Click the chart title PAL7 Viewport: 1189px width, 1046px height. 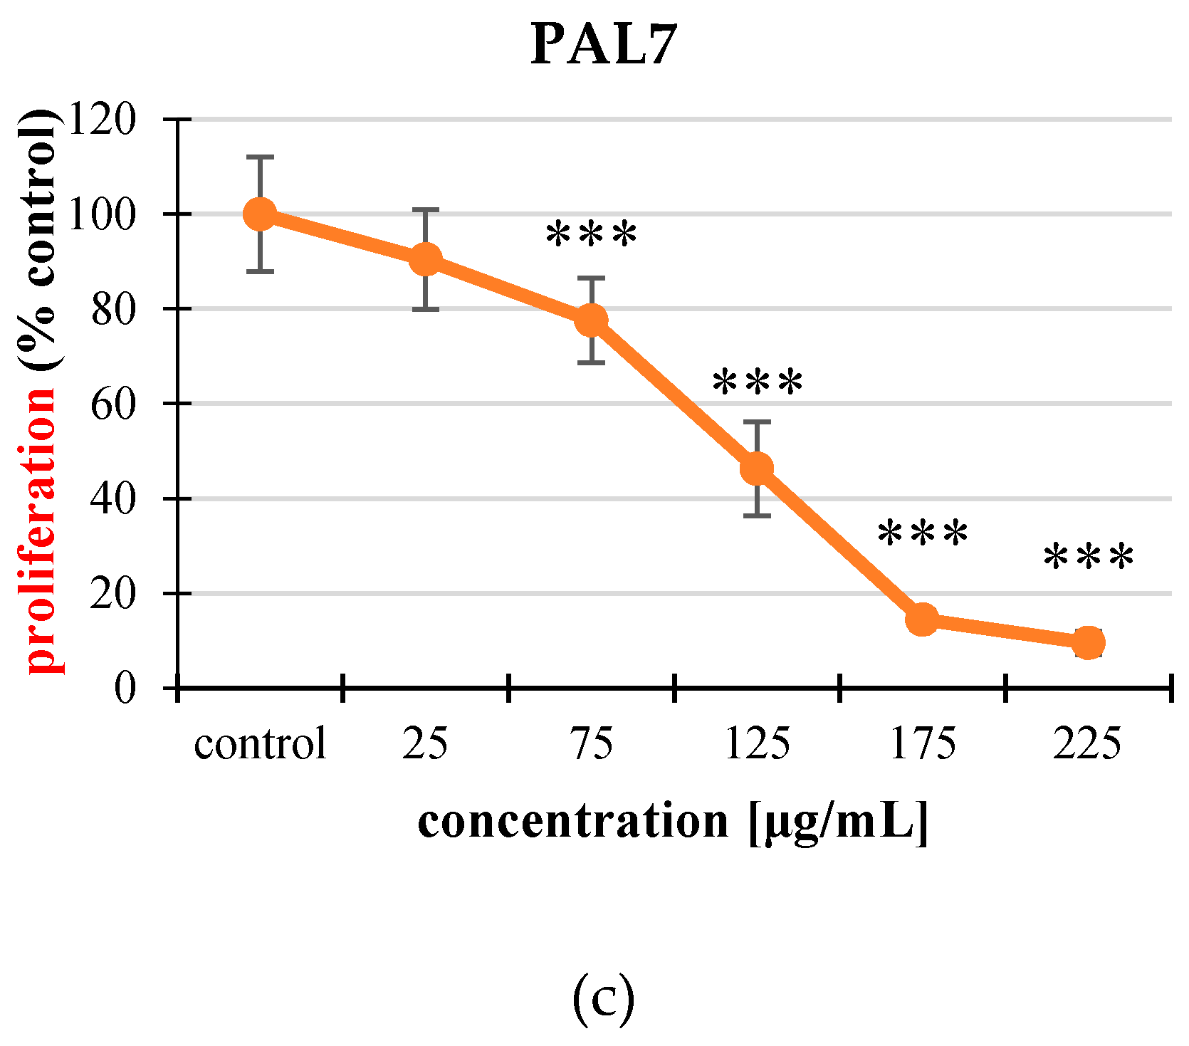(x=602, y=45)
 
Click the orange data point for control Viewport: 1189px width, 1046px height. (x=260, y=214)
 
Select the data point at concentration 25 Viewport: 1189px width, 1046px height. (x=426, y=259)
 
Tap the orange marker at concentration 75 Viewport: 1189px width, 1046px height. (x=591, y=320)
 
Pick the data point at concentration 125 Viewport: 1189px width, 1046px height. (x=757, y=468)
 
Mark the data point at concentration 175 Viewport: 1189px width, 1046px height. (x=923, y=619)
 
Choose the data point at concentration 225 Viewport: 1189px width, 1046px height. (x=1088, y=642)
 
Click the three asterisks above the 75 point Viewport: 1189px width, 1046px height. (x=591, y=236)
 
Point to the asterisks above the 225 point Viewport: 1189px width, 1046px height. (x=1088, y=558)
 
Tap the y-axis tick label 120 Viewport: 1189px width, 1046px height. (x=101, y=119)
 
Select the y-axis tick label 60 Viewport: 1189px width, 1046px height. (x=112, y=403)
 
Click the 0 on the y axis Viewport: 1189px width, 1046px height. (x=125, y=688)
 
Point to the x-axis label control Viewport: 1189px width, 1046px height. (x=260, y=744)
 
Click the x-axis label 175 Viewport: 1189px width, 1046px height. (x=923, y=744)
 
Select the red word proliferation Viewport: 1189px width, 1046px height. (x=41, y=530)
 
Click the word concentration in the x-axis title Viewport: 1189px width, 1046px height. (x=573, y=821)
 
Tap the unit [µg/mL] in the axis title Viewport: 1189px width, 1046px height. (x=839, y=822)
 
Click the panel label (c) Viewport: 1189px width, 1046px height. (x=602, y=998)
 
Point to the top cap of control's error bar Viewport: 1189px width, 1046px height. (x=260, y=157)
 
